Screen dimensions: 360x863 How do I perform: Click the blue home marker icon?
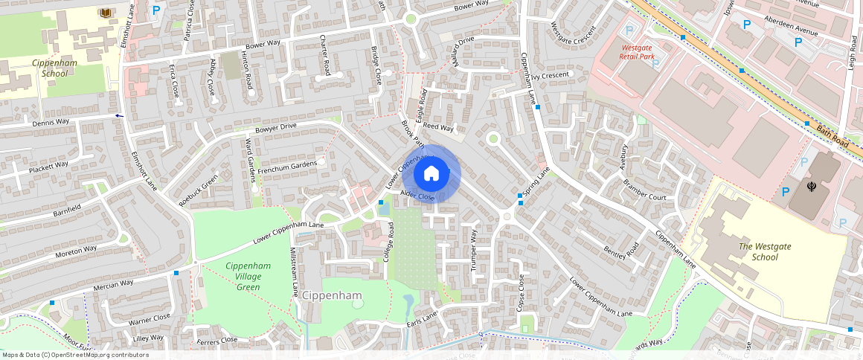(431, 174)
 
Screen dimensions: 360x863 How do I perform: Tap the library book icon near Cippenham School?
(106, 13)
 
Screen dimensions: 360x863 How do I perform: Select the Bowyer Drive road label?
(276, 126)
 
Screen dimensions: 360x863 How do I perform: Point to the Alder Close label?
(417, 196)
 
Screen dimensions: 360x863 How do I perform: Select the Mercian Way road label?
(113, 283)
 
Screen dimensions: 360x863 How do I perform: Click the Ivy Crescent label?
(551, 75)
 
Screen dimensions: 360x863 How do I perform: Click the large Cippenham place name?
(332, 296)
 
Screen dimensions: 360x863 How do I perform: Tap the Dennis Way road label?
(51, 122)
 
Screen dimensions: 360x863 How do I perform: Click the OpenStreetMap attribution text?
(75, 355)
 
